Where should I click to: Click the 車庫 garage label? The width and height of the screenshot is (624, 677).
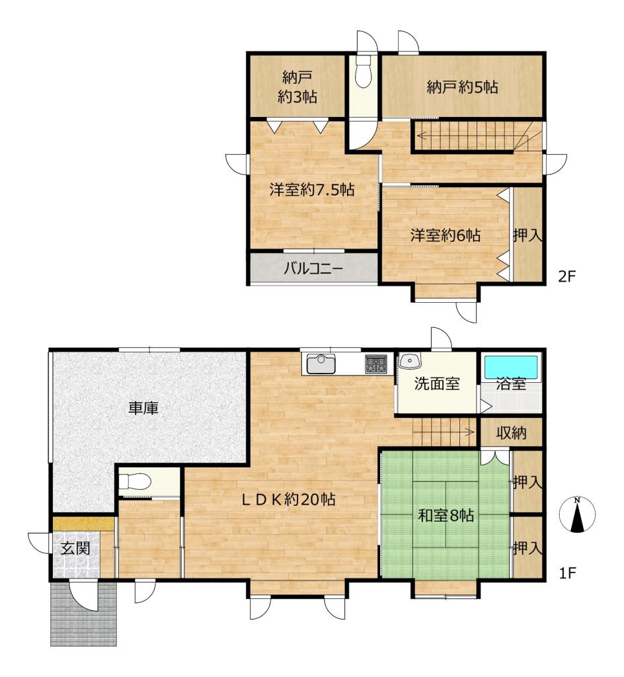click(143, 408)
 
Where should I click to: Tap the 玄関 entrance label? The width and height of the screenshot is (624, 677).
click(75, 548)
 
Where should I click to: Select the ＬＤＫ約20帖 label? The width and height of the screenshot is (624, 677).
click(288, 500)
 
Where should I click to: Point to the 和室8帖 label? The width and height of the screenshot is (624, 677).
click(446, 515)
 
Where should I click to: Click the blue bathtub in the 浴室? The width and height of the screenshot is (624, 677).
click(511, 367)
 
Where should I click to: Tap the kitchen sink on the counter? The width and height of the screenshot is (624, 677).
click(321, 364)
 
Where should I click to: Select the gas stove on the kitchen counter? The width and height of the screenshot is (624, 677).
click(377, 364)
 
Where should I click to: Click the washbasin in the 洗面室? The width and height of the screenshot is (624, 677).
click(409, 361)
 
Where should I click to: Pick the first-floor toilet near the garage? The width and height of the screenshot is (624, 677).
click(135, 481)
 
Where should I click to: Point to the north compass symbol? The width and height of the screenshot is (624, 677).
click(577, 514)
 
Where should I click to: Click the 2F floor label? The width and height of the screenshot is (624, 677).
click(567, 276)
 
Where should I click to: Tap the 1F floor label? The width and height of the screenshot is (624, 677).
click(567, 573)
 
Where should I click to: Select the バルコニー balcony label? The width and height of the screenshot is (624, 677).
click(313, 269)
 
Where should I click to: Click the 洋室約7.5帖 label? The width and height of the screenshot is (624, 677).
click(312, 190)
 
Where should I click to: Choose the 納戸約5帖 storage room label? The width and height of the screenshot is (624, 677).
click(462, 87)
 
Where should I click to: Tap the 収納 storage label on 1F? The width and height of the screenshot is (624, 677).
click(511, 432)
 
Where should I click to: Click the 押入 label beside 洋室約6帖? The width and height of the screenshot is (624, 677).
click(527, 235)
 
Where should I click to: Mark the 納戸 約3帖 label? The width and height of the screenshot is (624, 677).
click(297, 88)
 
